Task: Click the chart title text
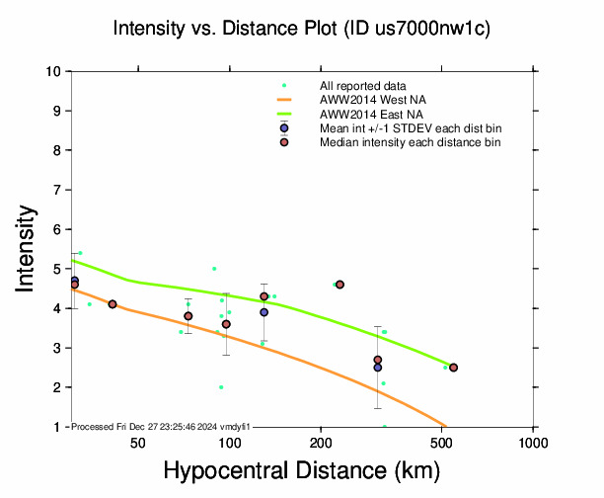pyautogui.click(x=302, y=30)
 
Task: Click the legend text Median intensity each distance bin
pyautogui.click(x=410, y=142)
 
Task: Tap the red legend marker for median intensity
pyautogui.click(x=284, y=142)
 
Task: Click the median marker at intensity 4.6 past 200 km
pyautogui.click(x=340, y=285)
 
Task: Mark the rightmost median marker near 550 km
pyautogui.click(x=453, y=368)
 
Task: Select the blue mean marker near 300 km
pyautogui.click(x=377, y=368)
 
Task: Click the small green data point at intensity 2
pyautogui.click(x=221, y=387)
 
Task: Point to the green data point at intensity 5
pyautogui.click(x=214, y=269)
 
